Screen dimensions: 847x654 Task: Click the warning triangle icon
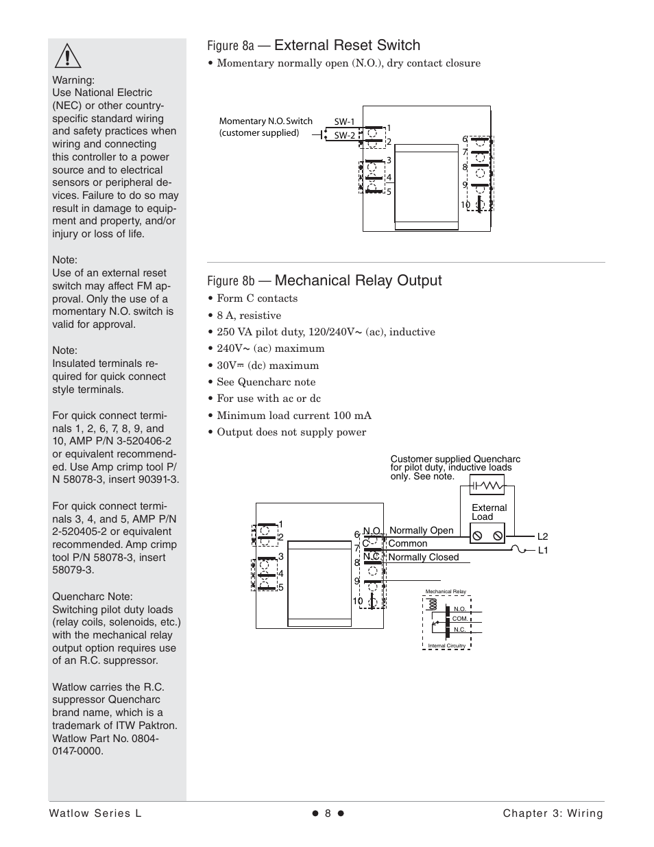click(x=68, y=55)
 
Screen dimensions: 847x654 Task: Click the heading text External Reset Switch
click(x=347, y=45)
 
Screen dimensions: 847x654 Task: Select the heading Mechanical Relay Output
click(x=358, y=281)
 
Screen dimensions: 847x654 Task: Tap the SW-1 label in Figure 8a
click(x=344, y=122)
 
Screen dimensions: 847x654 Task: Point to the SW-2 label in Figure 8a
click(x=344, y=135)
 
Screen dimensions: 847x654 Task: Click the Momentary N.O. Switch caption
click(x=265, y=127)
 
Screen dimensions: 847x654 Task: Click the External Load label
click(x=489, y=512)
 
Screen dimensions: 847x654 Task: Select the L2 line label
click(x=542, y=536)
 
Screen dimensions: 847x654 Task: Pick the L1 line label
click(x=542, y=550)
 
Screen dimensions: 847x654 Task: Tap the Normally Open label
click(x=421, y=530)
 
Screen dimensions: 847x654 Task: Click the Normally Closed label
click(x=423, y=557)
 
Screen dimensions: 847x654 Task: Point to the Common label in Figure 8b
click(x=407, y=543)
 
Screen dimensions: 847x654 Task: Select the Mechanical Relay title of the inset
click(x=445, y=591)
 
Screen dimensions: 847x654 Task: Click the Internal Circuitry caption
click(x=446, y=645)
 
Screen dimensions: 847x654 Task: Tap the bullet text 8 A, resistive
click(x=249, y=315)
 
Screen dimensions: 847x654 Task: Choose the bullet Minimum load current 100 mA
click(x=294, y=416)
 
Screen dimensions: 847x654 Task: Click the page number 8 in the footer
click(x=328, y=813)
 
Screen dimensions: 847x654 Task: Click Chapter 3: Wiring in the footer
click(x=553, y=813)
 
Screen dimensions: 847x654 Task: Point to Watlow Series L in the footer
click(x=95, y=813)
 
